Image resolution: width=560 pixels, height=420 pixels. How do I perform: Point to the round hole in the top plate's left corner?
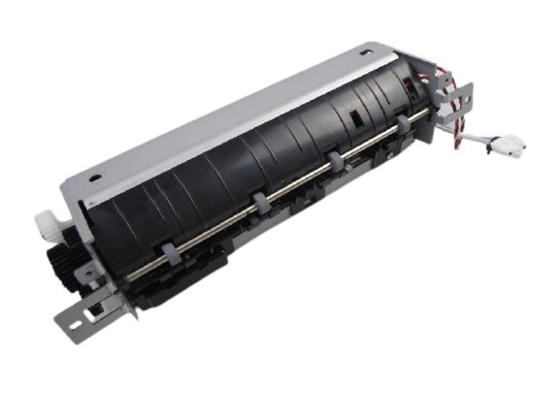(x=95, y=178)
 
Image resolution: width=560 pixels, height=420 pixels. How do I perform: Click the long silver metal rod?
(x=291, y=184)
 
